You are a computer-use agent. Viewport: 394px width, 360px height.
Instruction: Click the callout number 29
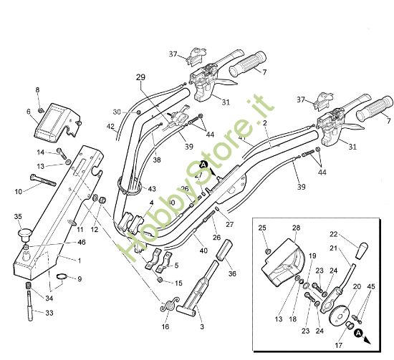pyautogui.click(x=140, y=77)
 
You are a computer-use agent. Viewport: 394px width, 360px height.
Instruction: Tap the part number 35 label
pyautogui.click(x=18, y=216)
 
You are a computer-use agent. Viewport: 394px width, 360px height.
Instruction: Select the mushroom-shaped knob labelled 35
pyautogui.click(x=26, y=233)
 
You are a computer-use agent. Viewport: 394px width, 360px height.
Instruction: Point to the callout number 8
pyautogui.click(x=38, y=89)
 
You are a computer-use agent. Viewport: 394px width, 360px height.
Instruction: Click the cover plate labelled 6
pyautogui.click(x=54, y=120)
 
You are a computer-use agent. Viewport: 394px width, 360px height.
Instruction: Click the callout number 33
pyautogui.click(x=49, y=313)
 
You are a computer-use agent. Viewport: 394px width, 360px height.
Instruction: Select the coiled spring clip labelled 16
pyautogui.click(x=169, y=304)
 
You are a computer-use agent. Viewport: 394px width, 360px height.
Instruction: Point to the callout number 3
pyautogui.click(x=202, y=327)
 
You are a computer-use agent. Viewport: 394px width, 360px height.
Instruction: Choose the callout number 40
pyautogui.click(x=203, y=250)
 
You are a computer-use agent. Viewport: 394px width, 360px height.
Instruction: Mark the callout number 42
pyautogui.click(x=111, y=127)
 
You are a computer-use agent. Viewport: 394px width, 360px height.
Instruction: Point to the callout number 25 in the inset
pyautogui.click(x=261, y=228)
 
